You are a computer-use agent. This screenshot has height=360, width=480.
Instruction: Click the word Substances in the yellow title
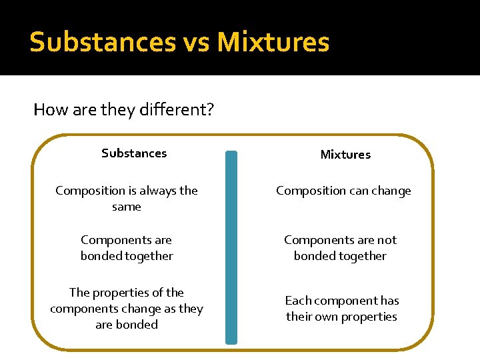click(101, 42)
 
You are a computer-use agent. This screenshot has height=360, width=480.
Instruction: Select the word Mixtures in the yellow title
click(273, 42)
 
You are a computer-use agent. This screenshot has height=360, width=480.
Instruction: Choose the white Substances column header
click(134, 153)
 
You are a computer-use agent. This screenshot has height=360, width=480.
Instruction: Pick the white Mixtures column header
click(345, 155)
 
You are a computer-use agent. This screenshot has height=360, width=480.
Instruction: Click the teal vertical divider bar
click(231, 247)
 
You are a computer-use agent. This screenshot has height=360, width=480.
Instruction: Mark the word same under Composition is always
click(127, 207)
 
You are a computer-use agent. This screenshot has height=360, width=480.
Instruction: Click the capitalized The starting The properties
click(79, 293)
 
